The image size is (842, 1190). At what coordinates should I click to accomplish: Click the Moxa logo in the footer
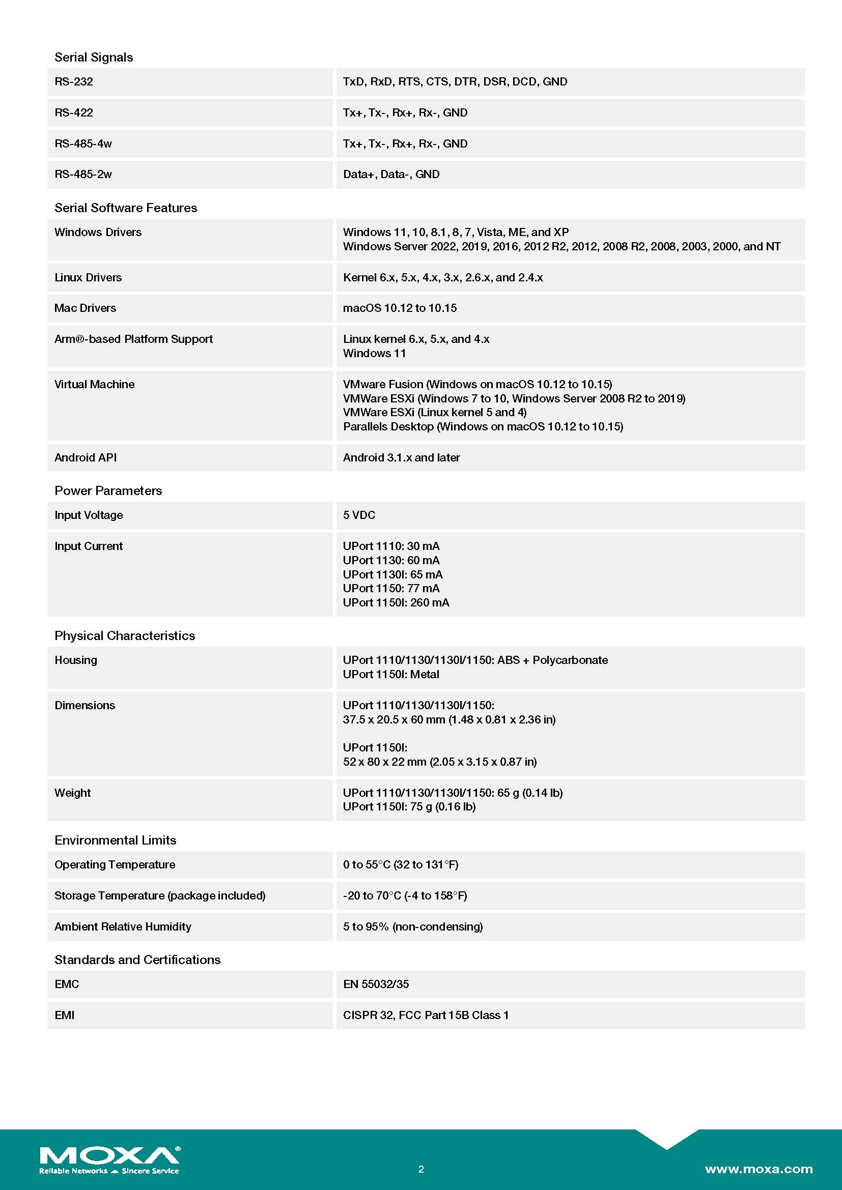109,1159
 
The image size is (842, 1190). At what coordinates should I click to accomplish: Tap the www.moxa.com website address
758,1169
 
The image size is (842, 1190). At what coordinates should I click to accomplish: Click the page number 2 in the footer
421,1169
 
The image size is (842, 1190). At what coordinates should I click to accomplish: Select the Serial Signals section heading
93,57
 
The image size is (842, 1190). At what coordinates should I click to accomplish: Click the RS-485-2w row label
83,174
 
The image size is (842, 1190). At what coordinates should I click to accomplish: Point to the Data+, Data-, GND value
391,174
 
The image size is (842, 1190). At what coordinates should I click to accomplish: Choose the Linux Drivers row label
88,277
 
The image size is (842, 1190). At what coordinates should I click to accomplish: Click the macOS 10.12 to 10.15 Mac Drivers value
400,308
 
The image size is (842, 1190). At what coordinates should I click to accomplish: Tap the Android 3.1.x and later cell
401,457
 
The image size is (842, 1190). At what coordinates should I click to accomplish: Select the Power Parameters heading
108,490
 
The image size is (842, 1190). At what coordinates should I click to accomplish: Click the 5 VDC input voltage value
359,515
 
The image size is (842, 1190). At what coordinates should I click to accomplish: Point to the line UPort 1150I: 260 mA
396,602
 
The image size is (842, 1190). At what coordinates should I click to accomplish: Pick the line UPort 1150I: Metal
391,674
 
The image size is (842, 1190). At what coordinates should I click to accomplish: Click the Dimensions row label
85,705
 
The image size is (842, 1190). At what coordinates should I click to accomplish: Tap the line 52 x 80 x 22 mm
440,762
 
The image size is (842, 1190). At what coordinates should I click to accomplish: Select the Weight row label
72,793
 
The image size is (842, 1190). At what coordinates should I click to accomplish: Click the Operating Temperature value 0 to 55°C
400,864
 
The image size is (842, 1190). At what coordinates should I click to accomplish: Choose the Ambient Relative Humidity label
122,926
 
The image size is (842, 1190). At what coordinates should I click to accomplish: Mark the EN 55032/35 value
376,984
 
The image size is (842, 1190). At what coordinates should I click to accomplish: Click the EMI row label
64,1015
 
